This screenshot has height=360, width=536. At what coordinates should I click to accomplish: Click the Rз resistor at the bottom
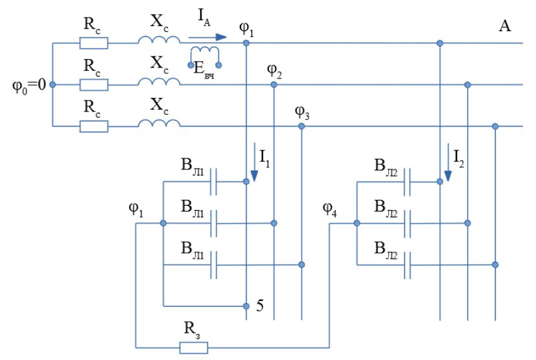(x=193, y=348)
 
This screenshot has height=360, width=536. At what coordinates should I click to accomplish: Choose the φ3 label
(x=303, y=112)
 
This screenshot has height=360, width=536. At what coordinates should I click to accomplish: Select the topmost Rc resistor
(x=93, y=43)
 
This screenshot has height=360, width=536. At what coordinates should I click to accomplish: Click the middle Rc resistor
(x=93, y=84)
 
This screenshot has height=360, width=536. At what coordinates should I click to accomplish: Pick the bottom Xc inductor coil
(x=159, y=123)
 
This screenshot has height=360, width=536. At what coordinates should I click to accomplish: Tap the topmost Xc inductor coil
(x=159, y=40)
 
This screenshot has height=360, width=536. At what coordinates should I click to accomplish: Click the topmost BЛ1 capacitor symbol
(x=215, y=182)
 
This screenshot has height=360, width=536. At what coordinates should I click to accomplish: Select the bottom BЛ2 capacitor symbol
(x=408, y=265)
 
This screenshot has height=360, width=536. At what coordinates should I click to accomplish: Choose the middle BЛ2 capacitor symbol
(x=408, y=223)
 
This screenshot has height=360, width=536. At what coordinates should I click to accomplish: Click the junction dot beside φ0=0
(x=52, y=84)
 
